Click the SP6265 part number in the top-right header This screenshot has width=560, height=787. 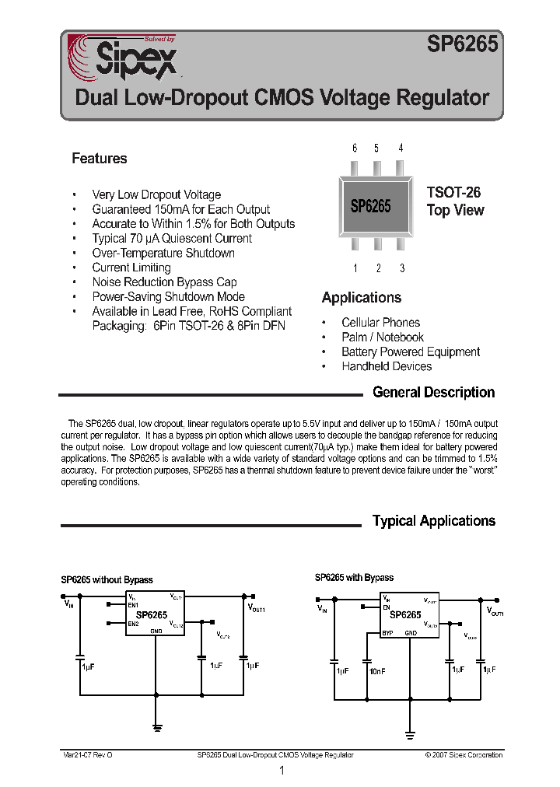coord(461,46)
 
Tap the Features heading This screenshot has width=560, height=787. coord(99,159)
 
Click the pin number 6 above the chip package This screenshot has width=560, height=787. coord(355,148)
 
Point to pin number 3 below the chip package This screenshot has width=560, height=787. coord(401,269)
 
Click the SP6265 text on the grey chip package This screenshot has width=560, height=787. coord(370,206)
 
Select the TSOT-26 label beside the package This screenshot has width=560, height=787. coord(453,192)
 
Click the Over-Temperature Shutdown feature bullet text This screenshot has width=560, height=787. coord(163,254)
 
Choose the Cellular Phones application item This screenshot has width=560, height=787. coord(380,323)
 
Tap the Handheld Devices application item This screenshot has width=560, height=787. coord(387,366)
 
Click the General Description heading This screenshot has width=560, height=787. coord(433,393)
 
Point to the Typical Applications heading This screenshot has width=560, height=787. coord(433,521)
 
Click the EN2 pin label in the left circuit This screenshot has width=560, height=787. coord(133,624)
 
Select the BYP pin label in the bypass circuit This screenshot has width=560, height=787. coord(387,633)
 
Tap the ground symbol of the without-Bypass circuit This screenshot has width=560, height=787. coord(157,728)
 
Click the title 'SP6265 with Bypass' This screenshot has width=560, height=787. coord(354,578)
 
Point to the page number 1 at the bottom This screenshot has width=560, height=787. coord(282,771)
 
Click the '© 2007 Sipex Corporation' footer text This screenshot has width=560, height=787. coord(464,755)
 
